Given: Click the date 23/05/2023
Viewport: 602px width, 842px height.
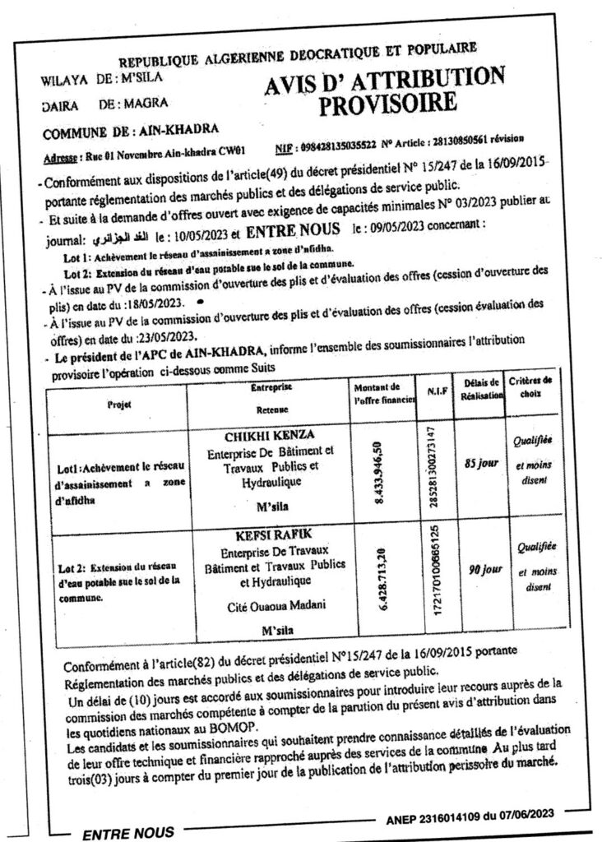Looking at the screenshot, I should (167, 336).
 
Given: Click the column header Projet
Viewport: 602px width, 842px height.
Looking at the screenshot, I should (119, 404).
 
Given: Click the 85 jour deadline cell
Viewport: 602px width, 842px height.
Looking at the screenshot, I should (481, 464).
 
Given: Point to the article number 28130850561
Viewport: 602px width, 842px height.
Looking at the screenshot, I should (471, 141).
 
